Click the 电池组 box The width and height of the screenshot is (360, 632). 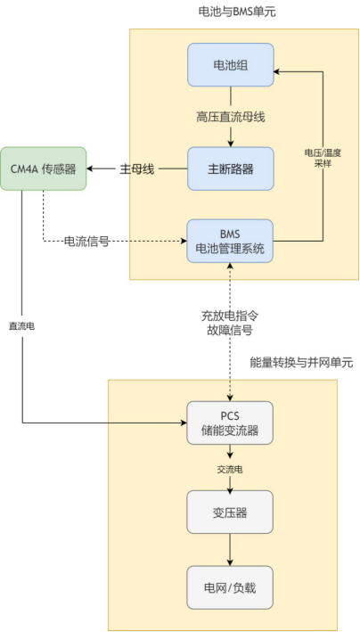coord(231,64)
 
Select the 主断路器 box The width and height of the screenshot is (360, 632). coord(231,168)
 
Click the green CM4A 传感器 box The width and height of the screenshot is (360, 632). coord(44,168)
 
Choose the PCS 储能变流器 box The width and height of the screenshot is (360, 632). coord(231,423)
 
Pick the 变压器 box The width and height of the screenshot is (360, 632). coord(231,512)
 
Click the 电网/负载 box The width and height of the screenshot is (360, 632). coord(231,587)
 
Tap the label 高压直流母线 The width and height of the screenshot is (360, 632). coord(231,117)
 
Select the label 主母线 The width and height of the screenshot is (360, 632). coord(137,169)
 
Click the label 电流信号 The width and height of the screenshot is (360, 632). coord(86,241)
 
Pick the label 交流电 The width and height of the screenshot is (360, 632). coord(231,466)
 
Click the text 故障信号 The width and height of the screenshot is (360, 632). coord(231,330)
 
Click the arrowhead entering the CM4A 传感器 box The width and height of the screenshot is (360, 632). coord(93,168)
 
